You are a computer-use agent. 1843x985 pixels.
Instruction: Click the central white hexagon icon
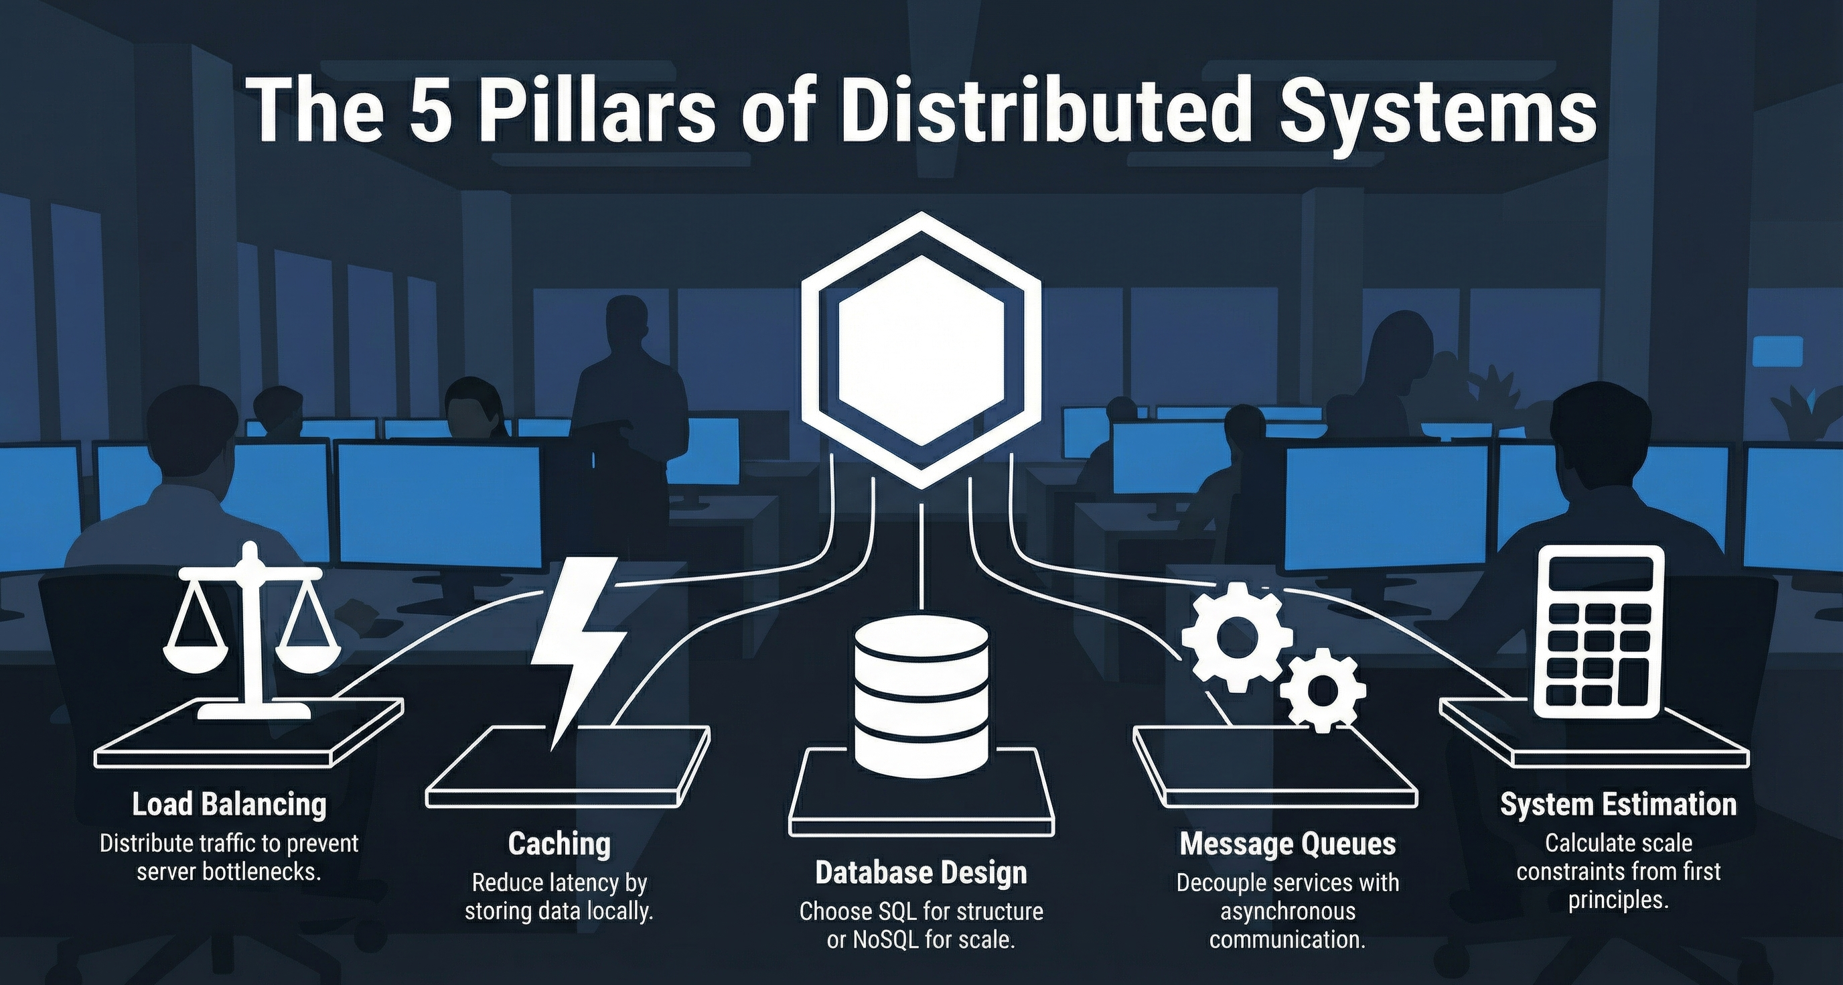click(921, 350)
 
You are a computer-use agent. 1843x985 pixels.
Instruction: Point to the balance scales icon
click(251, 630)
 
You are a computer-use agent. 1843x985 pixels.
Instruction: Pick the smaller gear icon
click(1322, 691)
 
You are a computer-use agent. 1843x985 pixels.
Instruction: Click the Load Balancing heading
click(229, 805)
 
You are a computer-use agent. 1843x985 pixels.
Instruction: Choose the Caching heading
click(559, 844)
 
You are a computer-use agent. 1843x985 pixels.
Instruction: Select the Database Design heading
click(921, 872)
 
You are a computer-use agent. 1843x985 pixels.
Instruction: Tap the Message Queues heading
click(1287, 844)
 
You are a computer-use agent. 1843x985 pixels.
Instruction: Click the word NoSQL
click(882, 940)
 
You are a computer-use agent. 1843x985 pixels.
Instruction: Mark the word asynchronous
click(1287, 911)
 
